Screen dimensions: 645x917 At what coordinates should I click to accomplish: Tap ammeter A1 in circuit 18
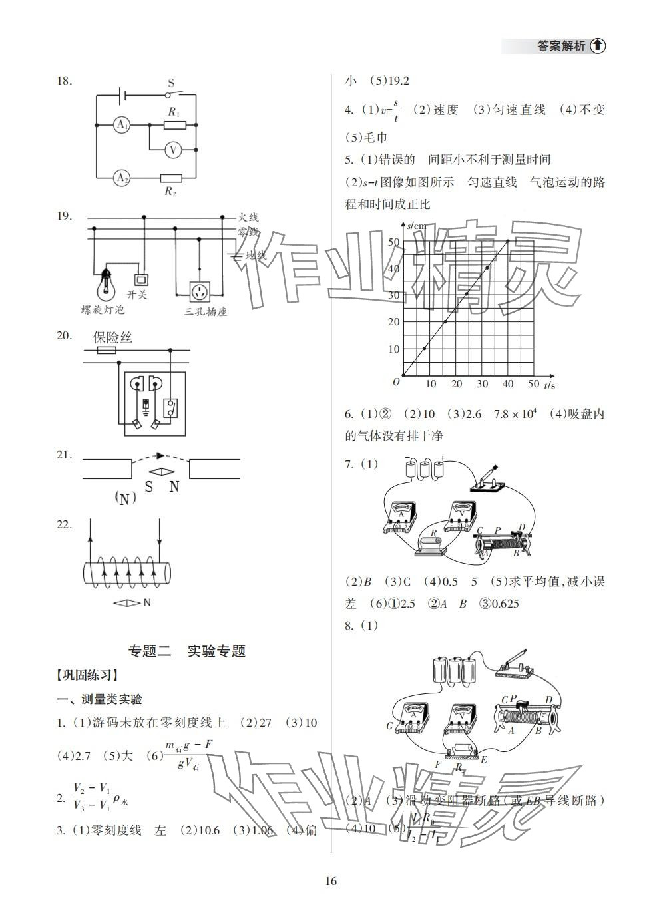[x=121, y=124]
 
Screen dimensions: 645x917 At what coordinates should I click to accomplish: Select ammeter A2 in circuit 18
[x=121, y=178]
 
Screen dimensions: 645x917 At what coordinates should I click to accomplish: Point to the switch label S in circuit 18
[x=171, y=83]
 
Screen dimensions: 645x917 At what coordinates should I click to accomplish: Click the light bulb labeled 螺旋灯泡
[x=106, y=285]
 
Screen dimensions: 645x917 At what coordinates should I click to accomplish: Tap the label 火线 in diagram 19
[x=248, y=217]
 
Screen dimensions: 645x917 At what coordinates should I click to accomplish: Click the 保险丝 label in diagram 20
[x=112, y=337]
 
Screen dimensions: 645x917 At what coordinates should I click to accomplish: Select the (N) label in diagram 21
[x=124, y=498]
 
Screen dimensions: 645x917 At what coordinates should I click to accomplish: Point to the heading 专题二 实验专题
[x=186, y=651]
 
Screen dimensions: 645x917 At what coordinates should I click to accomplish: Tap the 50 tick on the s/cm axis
[x=394, y=242]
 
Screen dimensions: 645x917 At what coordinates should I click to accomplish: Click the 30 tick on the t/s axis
[x=483, y=384]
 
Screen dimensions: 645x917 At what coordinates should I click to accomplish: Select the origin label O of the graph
[x=395, y=381]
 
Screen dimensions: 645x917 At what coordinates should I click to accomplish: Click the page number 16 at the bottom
[x=331, y=882]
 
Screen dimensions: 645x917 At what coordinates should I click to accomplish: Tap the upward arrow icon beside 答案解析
[x=598, y=46]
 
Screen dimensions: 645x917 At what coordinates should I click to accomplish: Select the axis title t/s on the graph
[x=549, y=385]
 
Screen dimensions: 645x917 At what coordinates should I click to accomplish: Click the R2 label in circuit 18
[x=171, y=192]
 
